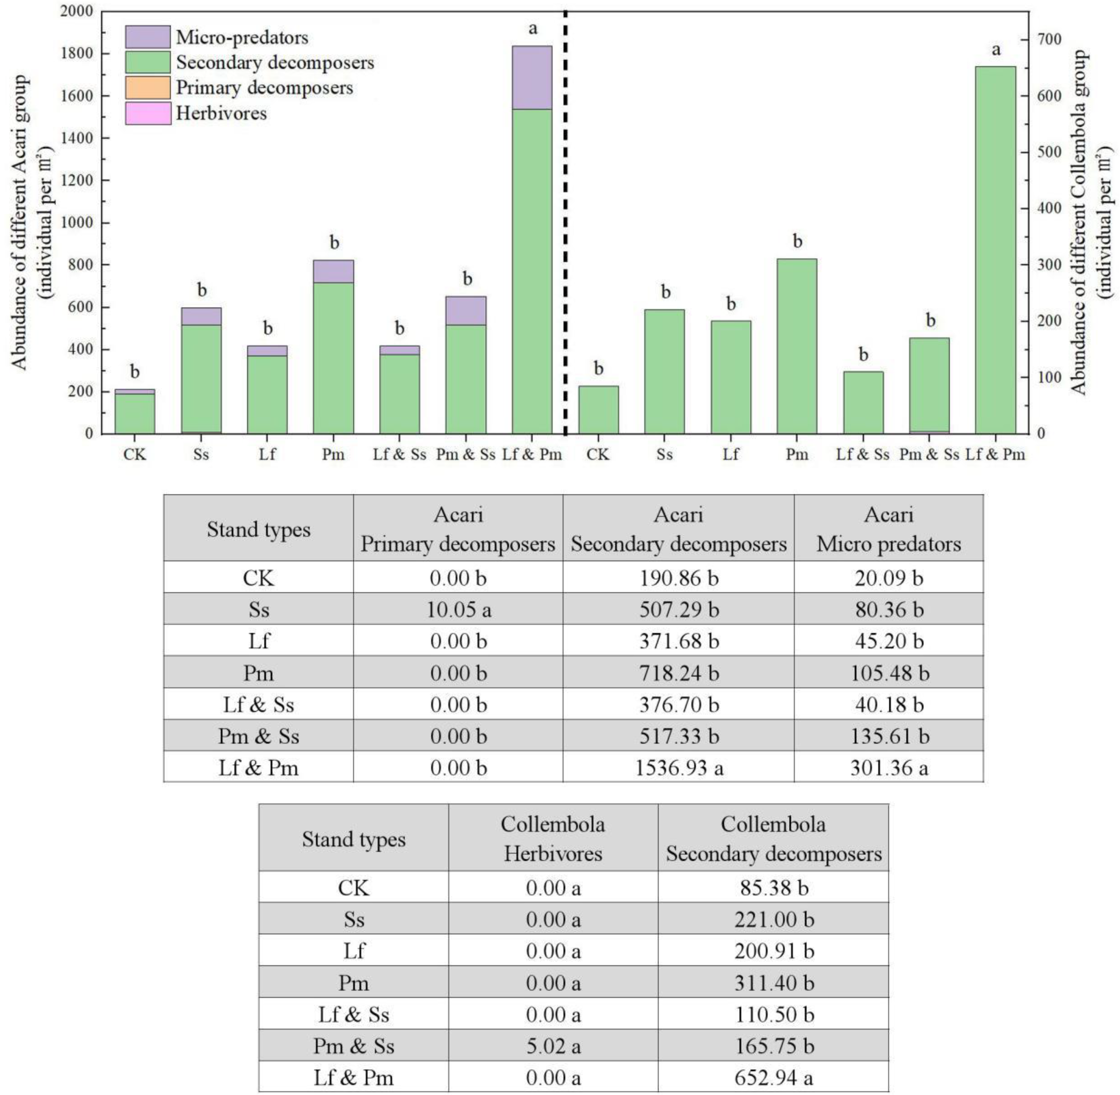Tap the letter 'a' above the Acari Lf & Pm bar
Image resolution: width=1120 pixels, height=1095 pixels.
(533, 28)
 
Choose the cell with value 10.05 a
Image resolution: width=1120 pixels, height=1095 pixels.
(459, 609)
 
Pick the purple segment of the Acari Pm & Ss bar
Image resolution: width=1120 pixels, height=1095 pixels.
(465, 311)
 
